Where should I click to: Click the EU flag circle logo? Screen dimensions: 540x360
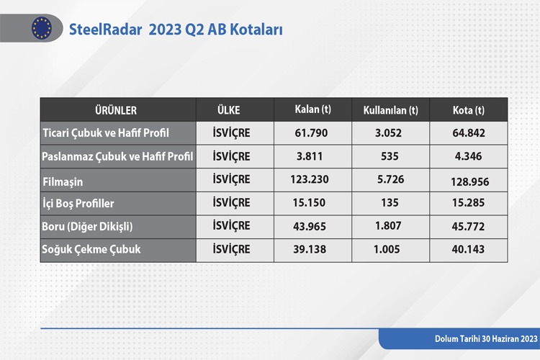[x=42, y=28]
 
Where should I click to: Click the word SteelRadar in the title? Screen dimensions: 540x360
[x=105, y=30]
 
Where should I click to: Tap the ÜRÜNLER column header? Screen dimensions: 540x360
[x=116, y=110]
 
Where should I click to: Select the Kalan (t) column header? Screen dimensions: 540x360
[x=312, y=109]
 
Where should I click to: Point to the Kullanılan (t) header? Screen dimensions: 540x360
[x=390, y=110]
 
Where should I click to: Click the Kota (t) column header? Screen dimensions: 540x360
[x=469, y=110]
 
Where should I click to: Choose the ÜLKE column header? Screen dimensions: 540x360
[x=229, y=110]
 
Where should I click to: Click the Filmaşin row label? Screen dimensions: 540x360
[x=63, y=182]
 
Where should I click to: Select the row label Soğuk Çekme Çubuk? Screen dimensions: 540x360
[x=91, y=249]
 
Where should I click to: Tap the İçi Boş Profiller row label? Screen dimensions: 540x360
[x=78, y=203]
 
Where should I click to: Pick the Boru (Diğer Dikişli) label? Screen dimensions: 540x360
[x=87, y=226]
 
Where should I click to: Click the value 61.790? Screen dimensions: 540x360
[x=311, y=133]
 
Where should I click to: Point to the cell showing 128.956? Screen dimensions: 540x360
[x=469, y=181]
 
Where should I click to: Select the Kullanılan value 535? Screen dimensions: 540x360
[x=390, y=156]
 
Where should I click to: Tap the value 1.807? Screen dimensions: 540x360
[x=388, y=225]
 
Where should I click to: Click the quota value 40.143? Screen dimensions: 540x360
[x=468, y=249]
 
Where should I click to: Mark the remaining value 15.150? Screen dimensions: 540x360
[x=309, y=202]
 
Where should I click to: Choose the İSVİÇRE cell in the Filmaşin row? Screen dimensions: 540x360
[x=231, y=180]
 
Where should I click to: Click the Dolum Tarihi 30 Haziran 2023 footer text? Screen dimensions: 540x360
[x=486, y=338]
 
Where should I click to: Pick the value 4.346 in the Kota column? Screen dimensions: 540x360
[x=469, y=156]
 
